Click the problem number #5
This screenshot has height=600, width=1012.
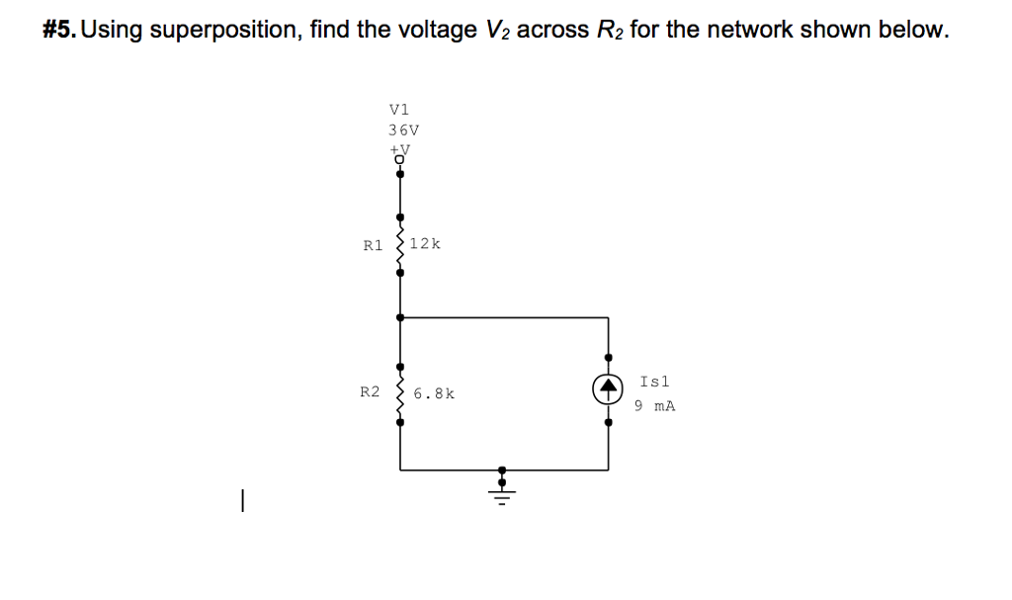tap(60, 31)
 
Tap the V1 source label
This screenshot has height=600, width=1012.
tap(399, 110)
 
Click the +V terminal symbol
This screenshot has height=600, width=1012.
tap(400, 151)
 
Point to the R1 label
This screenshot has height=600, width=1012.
tap(373, 245)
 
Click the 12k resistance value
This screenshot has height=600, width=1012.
tap(424, 243)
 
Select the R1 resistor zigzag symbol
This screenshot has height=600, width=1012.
tap(399, 245)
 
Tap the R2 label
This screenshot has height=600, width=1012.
tap(369, 392)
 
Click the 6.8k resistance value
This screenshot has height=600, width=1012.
tap(434, 393)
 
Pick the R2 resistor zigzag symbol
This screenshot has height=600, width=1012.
tap(399, 393)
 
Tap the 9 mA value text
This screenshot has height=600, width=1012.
tap(654, 405)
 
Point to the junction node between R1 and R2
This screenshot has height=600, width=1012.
tap(399, 317)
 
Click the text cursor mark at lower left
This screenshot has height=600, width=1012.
tap(239, 503)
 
